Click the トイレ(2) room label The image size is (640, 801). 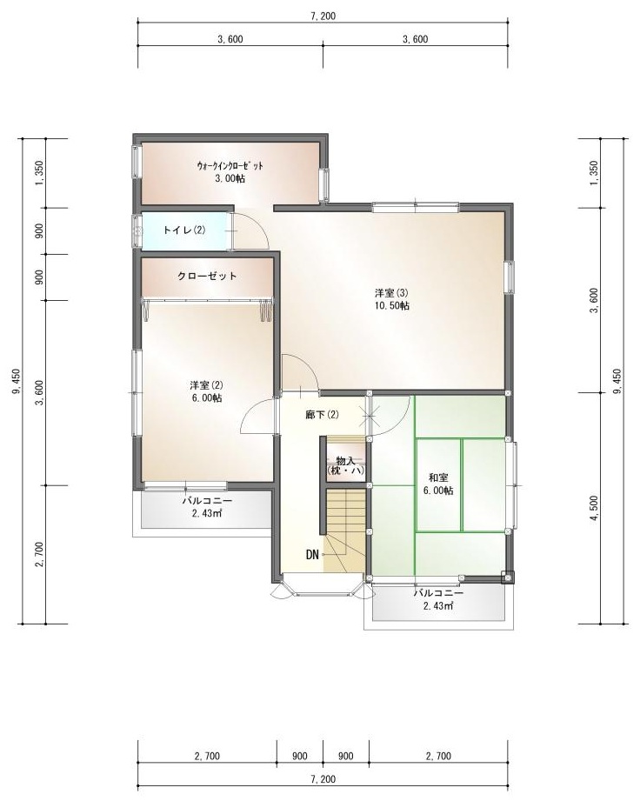point(184,230)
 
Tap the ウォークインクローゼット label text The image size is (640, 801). point(230,165)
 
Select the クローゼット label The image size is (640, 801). point(207,276)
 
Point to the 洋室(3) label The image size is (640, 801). point(392,293)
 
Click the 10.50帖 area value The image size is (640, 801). point(392,306)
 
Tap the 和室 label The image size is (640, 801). point(438,477)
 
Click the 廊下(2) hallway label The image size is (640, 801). point(322,414)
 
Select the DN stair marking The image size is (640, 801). point(312,554)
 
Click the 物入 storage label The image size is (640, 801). point(346,461)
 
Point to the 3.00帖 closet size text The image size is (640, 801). point(230,178)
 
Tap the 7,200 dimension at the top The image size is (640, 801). point(323,17)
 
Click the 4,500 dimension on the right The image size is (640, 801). point(594,509)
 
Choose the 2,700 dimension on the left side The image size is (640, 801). point(39,554)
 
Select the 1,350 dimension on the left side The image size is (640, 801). point(39,173)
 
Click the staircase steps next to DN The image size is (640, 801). point(346,531)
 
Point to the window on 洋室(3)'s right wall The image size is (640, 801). point(510,277)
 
